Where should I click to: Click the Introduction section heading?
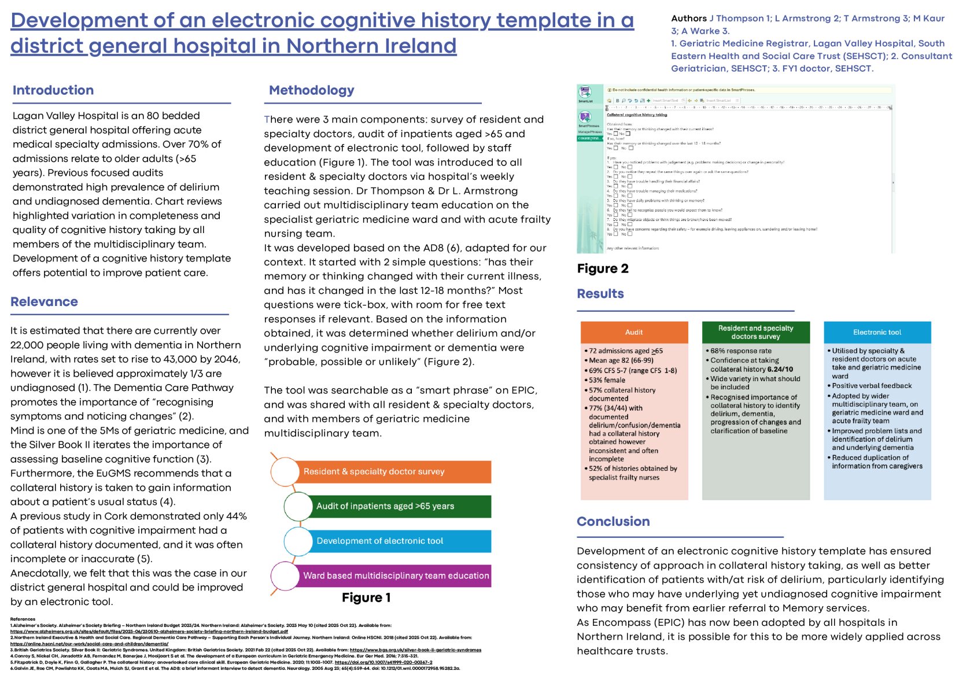coord(53,90)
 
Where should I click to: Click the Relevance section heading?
coord(44,301)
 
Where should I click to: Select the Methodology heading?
coord(311,90)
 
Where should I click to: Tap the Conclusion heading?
coord(613,521)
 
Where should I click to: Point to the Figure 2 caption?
coord(603,268)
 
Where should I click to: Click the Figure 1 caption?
coord(366,598)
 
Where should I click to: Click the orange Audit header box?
coord(634,332)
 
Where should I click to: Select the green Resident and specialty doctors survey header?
coord(755,332)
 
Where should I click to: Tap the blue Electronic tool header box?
coord(877,332)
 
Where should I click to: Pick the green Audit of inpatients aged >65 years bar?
coord(399,506)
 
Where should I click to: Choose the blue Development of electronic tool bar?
coord(399,541)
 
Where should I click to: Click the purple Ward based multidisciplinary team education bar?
coord(396,576)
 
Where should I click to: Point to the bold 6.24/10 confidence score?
coord(780,369)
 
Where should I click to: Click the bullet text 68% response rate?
coord(741,351)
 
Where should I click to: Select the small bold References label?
coord(23,619)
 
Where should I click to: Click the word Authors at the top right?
coord(689,19)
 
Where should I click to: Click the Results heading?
coord(600,293)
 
